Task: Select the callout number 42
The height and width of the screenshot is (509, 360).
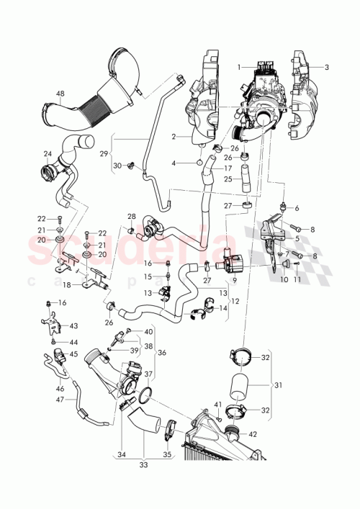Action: pos(252,434)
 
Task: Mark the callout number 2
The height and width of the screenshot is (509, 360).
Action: pos(174,136)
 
